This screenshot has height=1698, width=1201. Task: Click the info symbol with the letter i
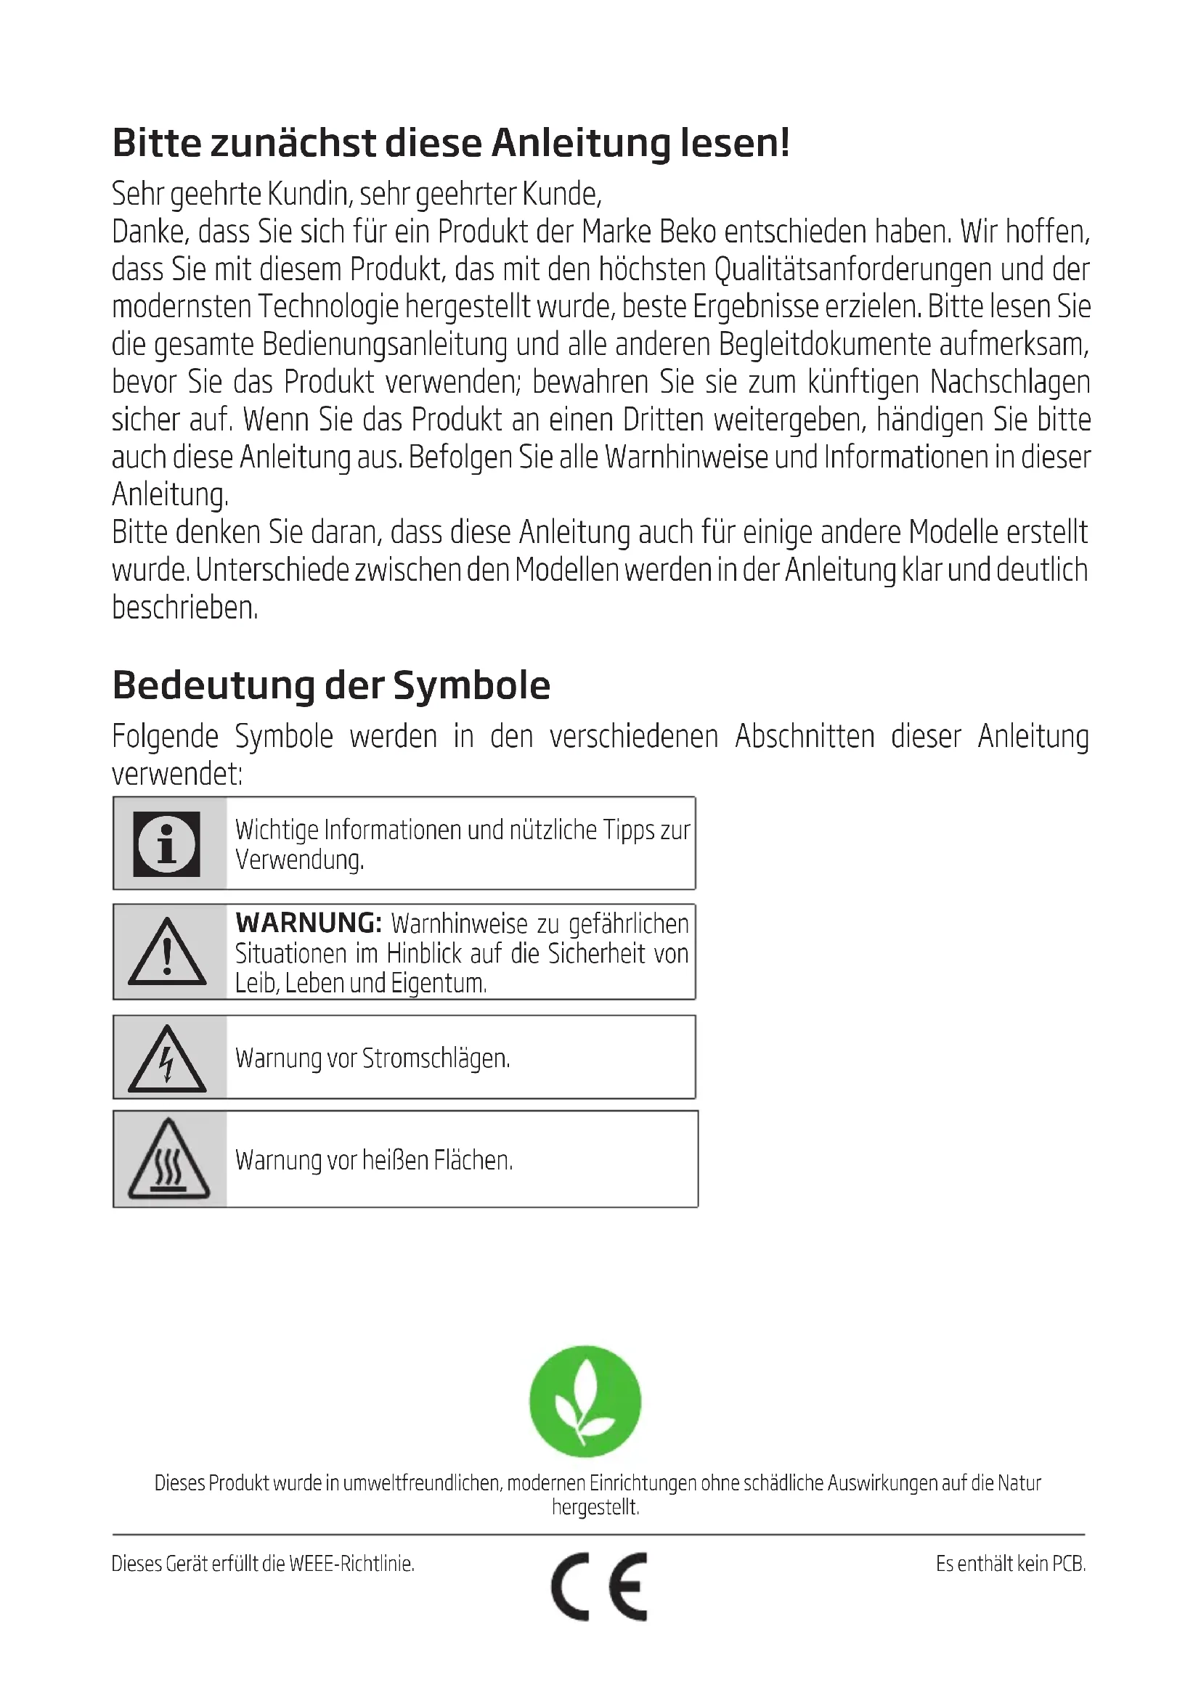tap(166, 844)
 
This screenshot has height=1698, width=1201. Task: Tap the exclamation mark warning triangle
tap(167, 952)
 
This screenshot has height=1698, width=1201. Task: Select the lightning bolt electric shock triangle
tap(167, 1059)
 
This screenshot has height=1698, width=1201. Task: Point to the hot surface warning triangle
tap(168, 1159)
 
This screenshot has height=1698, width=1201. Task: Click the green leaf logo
tap(585, 1401)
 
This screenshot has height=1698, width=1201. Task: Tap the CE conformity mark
tap(600, 1586)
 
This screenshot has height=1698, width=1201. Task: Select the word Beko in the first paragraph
tap(687, 232)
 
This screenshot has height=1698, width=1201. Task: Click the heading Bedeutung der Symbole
tap(331, 685)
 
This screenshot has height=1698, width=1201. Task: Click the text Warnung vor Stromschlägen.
tap(372, 1058)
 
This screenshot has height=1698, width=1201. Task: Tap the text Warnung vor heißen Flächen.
tap(374, 1159)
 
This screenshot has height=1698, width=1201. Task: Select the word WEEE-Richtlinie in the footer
tap(351, 1564)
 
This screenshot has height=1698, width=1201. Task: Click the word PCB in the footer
tap(1068, 1564)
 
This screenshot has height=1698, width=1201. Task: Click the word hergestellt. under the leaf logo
tap(595, 1507)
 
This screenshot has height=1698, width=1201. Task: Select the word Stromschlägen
tap(436, 1058)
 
